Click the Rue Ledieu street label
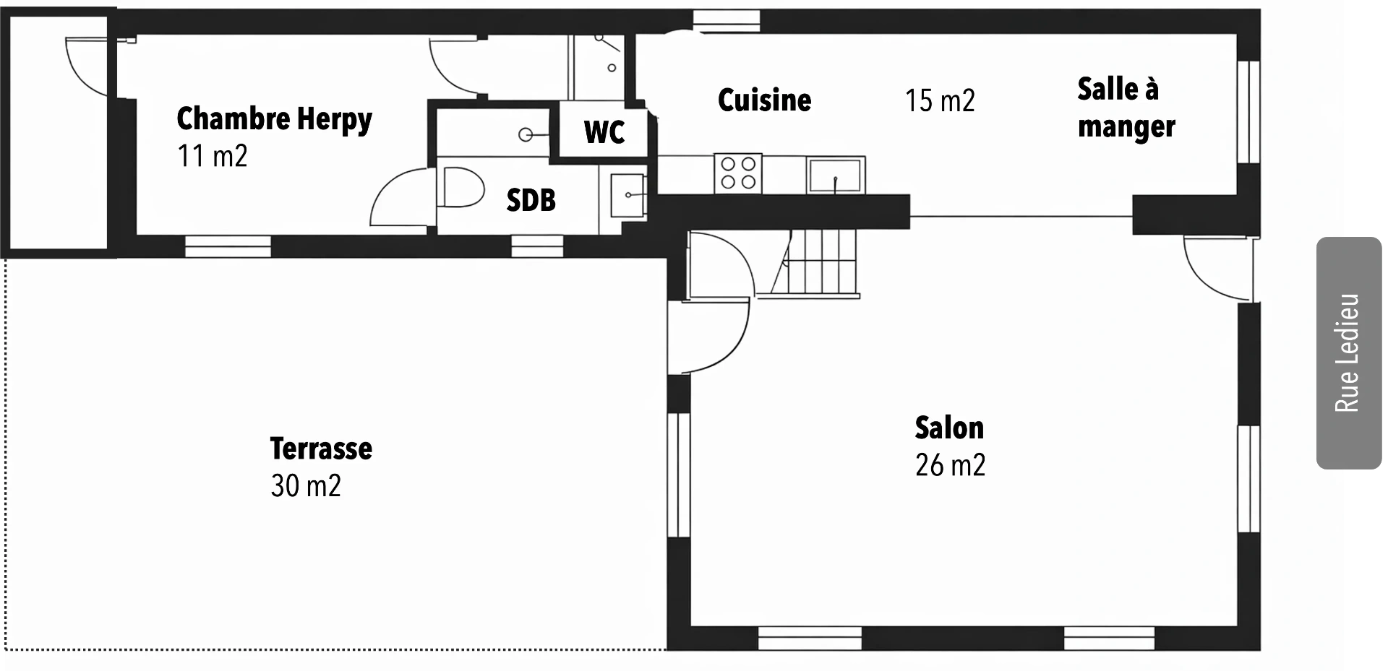[x=1347, y=353]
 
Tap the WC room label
[x=604, y=132]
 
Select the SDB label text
[x=531, y=200]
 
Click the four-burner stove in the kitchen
[x=738, y=173]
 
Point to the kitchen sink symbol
[x=836, y=175]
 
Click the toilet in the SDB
[x=460, y=187]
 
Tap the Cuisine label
[x=764, y=100]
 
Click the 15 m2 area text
[x=940, y=100]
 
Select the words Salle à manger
[x=1126, y=108]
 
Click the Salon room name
[x=949, y=428]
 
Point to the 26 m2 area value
[x=950, y=465]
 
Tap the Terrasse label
[x=321, y=449]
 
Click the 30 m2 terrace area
[x=306, y=485]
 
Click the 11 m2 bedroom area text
[x=212, y=155]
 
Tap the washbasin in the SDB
[x=627, y=195]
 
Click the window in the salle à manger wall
[x=1248, y=112]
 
